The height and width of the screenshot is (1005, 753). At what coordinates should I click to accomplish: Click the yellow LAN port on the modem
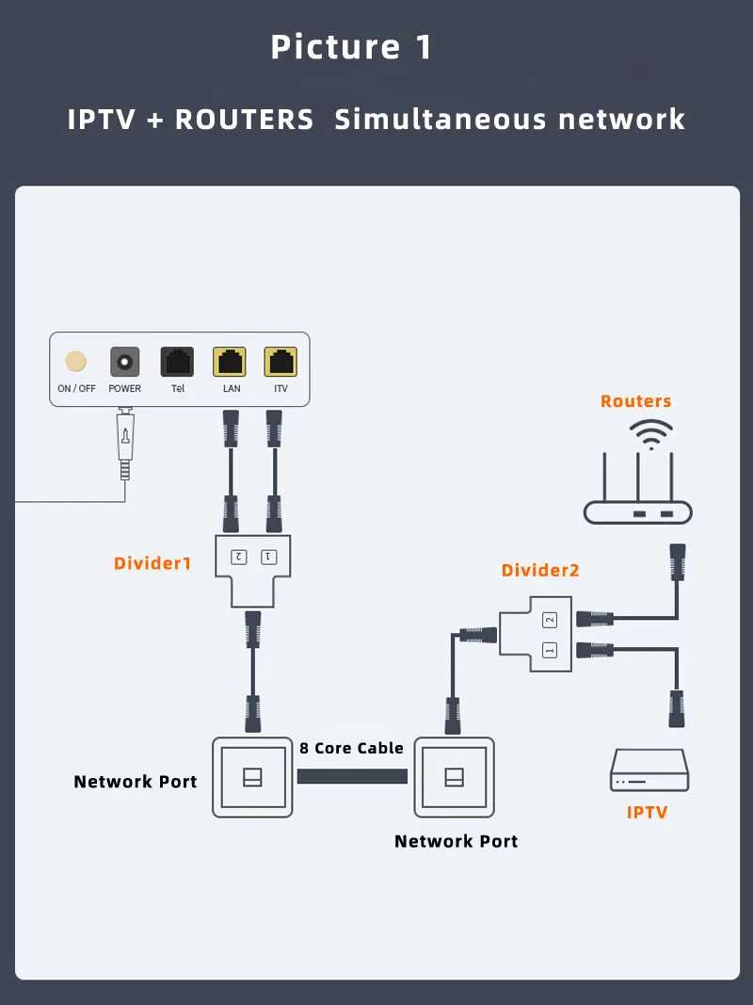[231, 362]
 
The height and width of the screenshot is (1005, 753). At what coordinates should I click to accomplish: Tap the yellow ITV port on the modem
[280, 362]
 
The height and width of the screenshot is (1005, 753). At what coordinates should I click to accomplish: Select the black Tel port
[178, 362]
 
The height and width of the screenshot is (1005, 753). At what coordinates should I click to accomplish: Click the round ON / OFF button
[75, 362]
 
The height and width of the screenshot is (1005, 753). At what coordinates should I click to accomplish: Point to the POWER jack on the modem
[124, 362]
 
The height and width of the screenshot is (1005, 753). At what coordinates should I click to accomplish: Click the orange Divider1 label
[152, 563]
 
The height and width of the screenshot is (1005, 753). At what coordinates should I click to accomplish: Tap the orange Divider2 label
[540, 570]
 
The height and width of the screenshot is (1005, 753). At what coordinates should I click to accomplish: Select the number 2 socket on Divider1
[239, 557]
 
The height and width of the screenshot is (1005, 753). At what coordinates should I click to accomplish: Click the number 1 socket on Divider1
[268, 557]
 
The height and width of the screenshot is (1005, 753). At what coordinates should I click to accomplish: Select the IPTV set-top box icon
[649, 770]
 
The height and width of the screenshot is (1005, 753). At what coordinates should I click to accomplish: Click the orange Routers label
[636, 401]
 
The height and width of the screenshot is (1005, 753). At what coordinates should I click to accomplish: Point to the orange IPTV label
[648, 812]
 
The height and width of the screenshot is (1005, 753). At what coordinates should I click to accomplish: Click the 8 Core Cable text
[352, 748]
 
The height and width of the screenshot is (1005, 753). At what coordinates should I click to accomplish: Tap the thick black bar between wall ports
[352, 777]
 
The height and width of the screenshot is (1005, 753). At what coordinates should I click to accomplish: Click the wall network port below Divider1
[252, 777]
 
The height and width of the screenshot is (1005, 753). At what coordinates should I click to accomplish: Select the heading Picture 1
[351, 47]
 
